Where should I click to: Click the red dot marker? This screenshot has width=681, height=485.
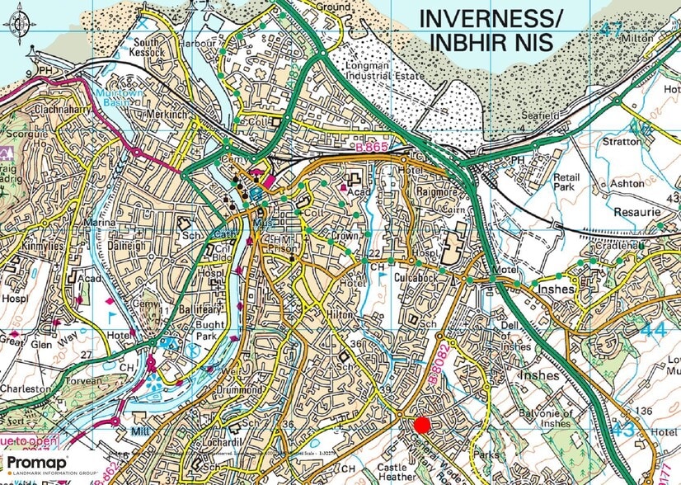421,425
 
